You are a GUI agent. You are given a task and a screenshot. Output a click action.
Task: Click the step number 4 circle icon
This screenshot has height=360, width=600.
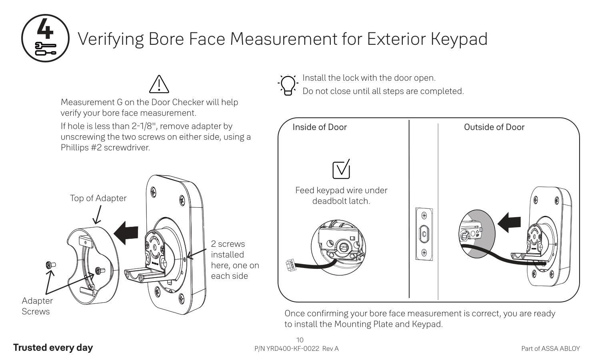(45, 38)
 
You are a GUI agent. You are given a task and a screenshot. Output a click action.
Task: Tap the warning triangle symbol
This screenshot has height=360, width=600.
(159, 84)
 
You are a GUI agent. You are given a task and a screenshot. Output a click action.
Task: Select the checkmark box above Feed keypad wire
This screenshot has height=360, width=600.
(341, 169)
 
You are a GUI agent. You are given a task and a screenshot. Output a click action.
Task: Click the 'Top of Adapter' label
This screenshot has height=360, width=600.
(98, 198)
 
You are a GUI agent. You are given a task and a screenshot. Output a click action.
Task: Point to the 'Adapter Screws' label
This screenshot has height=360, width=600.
(37, 306)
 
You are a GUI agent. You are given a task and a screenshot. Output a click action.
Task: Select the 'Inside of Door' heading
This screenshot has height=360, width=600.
(320, 127)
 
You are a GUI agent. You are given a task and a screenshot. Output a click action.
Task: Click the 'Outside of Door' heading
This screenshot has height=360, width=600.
(494, 127)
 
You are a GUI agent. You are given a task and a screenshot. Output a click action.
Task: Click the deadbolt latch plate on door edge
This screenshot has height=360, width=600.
(424, 234)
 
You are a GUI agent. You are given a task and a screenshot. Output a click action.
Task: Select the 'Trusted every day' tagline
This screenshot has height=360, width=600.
(53, 348)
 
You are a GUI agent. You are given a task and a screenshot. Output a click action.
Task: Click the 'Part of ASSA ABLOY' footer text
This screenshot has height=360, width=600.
(550, 349)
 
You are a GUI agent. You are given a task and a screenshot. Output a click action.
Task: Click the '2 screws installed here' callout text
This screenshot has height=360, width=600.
(234, 260)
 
